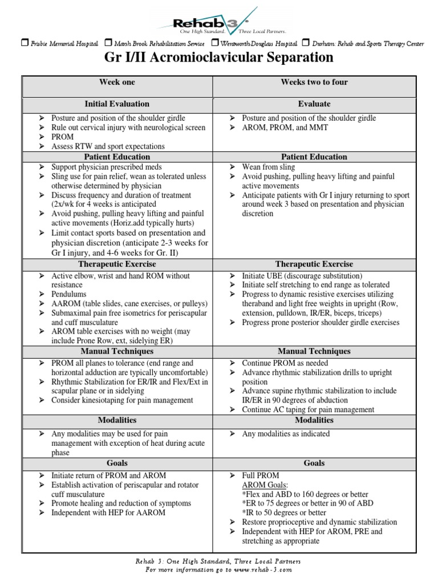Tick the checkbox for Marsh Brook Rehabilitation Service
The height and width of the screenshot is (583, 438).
click(109, 43)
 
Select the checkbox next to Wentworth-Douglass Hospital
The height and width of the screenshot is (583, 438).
click(215, 43)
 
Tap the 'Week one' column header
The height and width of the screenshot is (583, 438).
click(117, 83)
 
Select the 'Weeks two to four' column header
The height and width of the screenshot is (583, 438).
click(314, 83)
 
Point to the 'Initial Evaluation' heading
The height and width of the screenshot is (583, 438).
click(117, 104)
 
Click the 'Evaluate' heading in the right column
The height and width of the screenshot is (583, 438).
click(314, 104)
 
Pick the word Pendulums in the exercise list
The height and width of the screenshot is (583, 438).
click(69, 294)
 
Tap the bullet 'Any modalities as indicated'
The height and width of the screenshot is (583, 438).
click(286, 434)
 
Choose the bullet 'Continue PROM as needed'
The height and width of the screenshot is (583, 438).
click(285, 363)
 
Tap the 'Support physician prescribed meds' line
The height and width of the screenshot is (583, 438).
click(107, 167)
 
